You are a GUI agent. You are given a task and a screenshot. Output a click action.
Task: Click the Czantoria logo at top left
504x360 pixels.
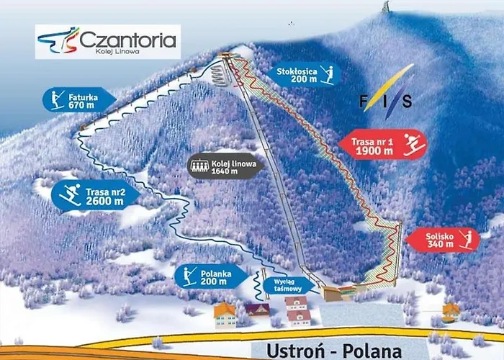(x=107, y=41)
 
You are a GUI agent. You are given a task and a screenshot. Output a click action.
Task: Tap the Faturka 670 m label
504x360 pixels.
(x=78, y=100)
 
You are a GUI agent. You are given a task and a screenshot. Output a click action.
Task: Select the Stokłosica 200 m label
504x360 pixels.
(x=306, y=75)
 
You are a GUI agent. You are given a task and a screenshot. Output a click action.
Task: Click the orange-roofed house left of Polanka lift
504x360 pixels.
(x=225, y=314)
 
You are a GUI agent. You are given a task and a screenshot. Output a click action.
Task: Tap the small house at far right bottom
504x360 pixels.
(x=451, y=312)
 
